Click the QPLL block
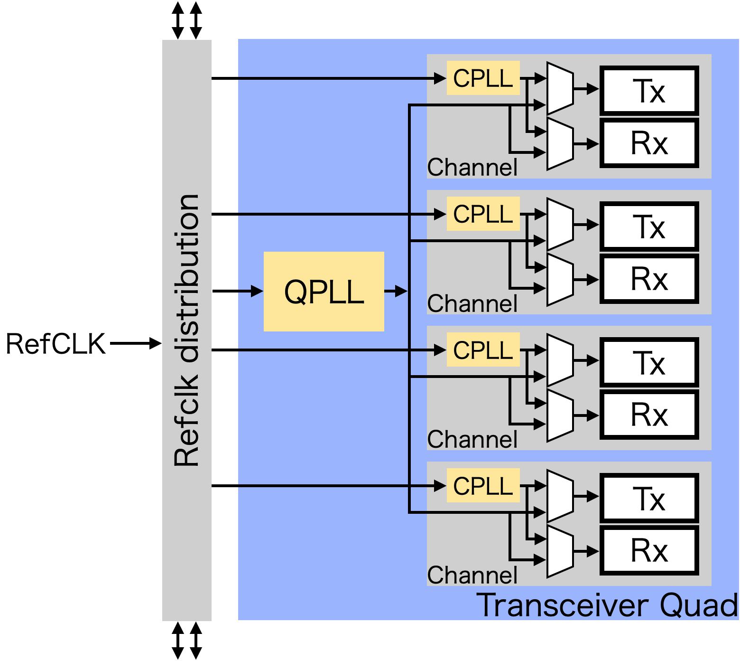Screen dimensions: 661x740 point(324,291)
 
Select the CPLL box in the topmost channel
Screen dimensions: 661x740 point(483,78)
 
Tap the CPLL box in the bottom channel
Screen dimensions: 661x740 point(483,485)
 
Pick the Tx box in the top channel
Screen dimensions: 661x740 point(649,90)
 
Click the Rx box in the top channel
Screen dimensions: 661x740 point(649,143)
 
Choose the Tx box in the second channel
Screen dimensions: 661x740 point(649,226)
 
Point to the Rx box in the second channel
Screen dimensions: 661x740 point(649,279)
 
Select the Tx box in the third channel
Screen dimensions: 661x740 point(649,362)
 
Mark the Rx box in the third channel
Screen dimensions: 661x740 point(649,415)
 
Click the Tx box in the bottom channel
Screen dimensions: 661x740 point(649,498)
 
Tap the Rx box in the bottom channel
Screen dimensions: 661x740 point(649,550)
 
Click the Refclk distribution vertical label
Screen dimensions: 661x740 point(186,330)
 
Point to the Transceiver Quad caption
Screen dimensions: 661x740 point(607,605)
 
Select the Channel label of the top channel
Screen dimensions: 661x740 point(472,167)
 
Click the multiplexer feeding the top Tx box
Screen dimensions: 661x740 point(560,89)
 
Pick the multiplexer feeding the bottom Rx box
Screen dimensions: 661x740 point(560,551)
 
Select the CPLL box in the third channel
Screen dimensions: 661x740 point(483,349)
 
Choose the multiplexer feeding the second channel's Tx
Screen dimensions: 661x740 point(560,225)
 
